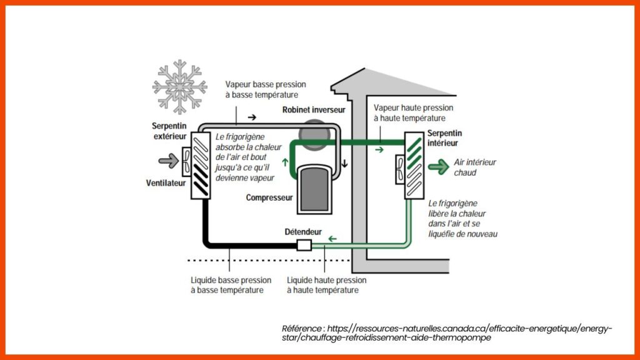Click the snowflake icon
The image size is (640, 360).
(180, 86)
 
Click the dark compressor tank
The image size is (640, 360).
(316, 187)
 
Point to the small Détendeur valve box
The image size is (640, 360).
(304, 245)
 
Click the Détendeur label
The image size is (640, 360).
(303, 232)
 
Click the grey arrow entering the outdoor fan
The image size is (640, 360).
(168, 161)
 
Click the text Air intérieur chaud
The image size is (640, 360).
(475, 167)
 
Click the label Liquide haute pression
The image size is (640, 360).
(326, 285)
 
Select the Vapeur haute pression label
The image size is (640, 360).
(409, 112)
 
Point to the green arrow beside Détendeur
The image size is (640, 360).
(333, 238)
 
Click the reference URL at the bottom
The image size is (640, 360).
(447, 333)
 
